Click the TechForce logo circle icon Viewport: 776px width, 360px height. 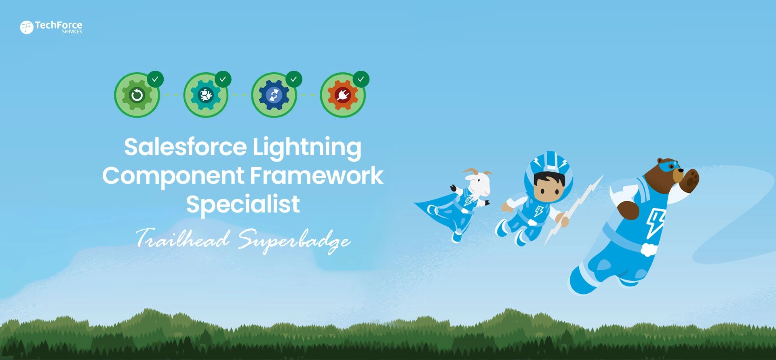click(27, 27)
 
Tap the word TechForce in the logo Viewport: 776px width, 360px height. click(59, 25)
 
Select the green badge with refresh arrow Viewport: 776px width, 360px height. click(137, 95)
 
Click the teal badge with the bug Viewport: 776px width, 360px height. click(206, 95)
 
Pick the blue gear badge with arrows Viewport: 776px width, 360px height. click(274, 95)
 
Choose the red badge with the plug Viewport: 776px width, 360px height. click(343, 95)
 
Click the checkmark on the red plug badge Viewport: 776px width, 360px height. click(361, 79)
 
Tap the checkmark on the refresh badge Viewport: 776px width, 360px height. click(155, 79)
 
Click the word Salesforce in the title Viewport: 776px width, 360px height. click(185, 147)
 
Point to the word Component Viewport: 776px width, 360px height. click(173, 176)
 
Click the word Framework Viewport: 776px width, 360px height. click(316, 176)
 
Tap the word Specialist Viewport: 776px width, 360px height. click(243, 204)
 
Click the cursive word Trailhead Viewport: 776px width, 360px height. click(183, 238)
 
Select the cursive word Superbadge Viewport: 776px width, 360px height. click(294, 240)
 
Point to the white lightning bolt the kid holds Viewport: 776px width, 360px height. click(576, 208)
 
